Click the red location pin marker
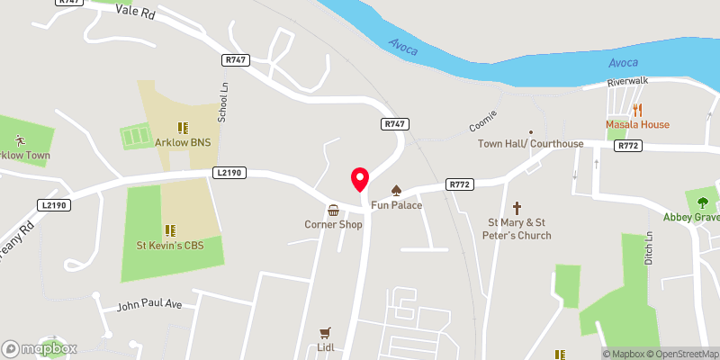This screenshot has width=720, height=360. coord(360,180)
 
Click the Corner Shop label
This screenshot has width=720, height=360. coord(333,224)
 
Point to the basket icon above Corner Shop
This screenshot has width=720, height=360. coord(333,209)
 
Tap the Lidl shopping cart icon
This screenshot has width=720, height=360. coord(325,331)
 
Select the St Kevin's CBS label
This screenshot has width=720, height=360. coord(166,245)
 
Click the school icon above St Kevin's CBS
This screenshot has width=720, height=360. coord(166,229)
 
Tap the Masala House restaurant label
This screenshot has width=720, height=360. coord(636,124)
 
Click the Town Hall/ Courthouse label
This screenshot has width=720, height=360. coord(530,144)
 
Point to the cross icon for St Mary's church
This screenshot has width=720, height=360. coord(518,207)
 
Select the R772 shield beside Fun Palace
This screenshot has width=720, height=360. coord(459,185)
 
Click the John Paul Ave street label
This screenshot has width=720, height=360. coord(149,306)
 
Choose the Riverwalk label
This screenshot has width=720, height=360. coord(626,82)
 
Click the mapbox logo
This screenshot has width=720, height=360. coord(40,348)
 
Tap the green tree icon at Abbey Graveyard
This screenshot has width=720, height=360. coord(703,202)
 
